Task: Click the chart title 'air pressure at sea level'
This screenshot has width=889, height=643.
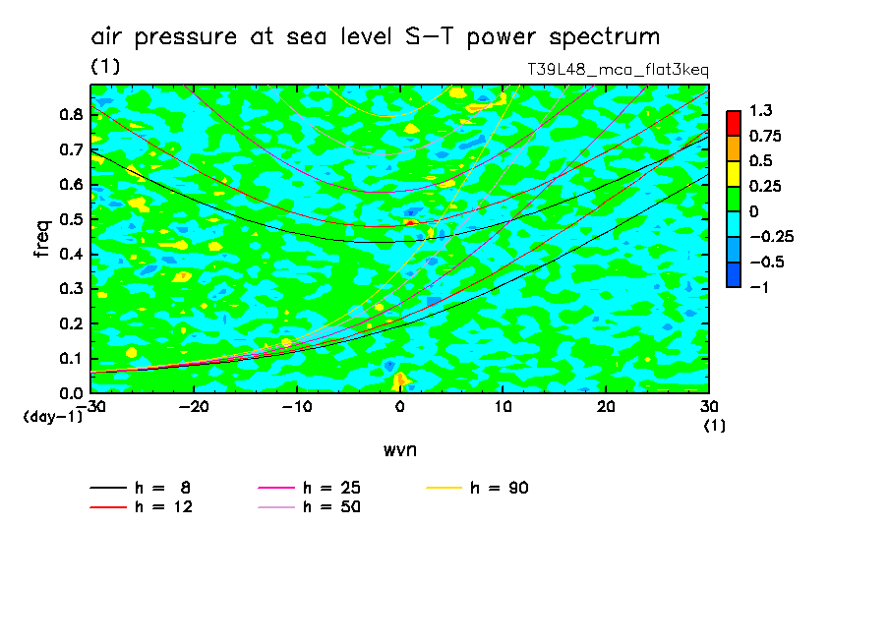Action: (375, 37)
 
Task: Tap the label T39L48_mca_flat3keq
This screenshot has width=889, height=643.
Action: (619, 70)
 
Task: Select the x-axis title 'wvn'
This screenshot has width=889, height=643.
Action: (399, 449)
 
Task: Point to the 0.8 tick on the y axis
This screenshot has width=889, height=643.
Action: (70, 114)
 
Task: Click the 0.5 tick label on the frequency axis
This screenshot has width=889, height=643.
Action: (70, 219)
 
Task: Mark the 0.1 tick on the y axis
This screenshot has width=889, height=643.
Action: (70, 359)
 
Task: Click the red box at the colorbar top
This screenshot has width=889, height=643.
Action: (734, 123)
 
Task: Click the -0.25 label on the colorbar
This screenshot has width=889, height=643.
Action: (771, 236)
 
